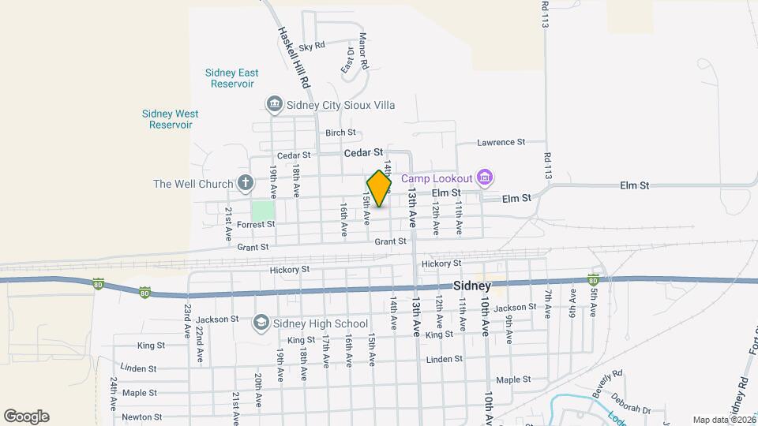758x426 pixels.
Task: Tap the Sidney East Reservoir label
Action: [231, 78]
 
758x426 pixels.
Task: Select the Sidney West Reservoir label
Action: [171, 119]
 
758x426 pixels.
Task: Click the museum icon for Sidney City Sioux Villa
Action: [274, 104]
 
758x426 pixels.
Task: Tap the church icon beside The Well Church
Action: [245, 184]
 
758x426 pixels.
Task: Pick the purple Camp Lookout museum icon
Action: [485, 178]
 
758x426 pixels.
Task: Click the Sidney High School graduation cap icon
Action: [261, 323]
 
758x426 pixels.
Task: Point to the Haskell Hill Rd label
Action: [294, 57]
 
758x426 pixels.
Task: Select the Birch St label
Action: [340, 133]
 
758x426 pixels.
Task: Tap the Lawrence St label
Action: [501, 142]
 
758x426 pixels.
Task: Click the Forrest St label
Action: [256, 224]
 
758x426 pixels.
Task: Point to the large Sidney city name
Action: [472, 286]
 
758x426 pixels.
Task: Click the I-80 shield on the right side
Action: [593, 280]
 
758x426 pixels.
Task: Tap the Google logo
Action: [26, 417]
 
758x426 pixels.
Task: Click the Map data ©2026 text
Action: [724, 420]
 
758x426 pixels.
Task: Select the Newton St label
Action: [142, 417]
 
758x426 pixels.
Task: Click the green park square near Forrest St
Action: [263, 211]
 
